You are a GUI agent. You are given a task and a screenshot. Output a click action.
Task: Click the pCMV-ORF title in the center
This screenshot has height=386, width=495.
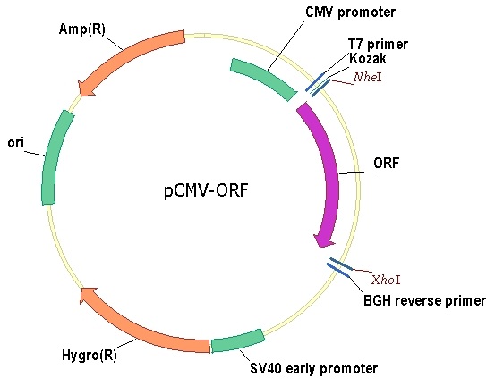206,190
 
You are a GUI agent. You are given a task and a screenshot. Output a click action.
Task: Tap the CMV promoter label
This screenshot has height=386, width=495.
350,13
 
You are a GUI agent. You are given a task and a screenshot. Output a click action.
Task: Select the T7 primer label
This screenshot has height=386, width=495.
378,45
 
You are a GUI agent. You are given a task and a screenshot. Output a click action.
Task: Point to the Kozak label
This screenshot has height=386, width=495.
368,59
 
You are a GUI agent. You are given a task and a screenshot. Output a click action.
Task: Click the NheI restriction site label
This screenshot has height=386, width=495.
368,77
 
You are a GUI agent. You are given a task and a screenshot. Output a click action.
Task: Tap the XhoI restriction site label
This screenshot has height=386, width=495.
386,280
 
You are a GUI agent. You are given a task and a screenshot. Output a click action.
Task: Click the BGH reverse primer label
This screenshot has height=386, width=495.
424,300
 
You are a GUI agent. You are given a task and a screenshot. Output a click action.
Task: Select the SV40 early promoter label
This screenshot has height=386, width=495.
314,368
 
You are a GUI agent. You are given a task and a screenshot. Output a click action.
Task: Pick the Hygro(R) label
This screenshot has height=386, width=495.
90,355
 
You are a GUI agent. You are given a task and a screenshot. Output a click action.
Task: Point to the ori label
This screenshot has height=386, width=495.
16,143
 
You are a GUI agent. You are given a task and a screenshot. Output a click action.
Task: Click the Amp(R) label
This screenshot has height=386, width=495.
81,29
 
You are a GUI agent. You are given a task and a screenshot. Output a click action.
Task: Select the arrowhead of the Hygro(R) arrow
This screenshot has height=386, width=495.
87,295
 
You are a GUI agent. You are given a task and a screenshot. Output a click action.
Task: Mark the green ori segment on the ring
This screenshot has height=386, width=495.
54,156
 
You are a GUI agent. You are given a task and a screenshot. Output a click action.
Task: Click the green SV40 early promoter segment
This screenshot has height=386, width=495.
238,341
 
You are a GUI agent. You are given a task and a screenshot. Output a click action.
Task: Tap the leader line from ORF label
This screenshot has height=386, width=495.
356,172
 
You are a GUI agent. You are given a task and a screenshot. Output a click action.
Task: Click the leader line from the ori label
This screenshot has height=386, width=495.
35,154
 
